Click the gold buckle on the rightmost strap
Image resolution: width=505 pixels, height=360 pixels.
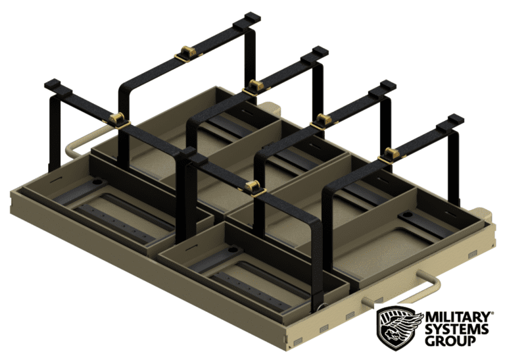[x=393, y=155]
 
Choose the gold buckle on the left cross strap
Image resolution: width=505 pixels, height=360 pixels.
[x=116, y=119]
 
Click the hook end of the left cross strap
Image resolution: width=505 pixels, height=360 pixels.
[x=53, y=86]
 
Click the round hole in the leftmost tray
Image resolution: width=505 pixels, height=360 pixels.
[x=97, y=180]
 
